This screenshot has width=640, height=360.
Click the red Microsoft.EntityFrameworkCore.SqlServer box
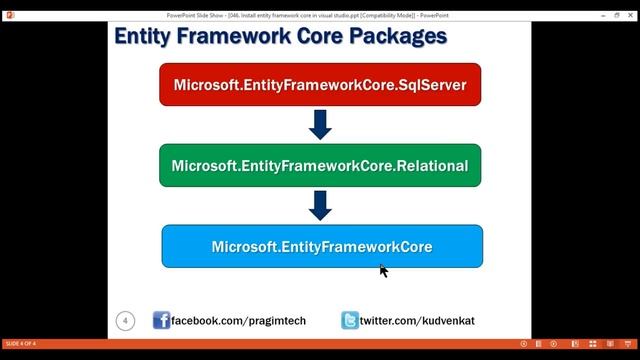click(320, 85)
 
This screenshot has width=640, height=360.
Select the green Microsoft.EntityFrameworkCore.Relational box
click(320, 165)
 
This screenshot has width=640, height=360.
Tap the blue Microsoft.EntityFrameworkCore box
click(322, 246)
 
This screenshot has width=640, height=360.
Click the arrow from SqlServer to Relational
click(320, 125)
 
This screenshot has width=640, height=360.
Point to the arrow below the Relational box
click(320, 205)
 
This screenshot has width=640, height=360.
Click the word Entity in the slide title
click(145, 37)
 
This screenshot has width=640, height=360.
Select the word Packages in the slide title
click(395, 37)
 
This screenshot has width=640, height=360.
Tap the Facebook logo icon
click(161, 320)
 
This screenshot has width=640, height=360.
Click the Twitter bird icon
click(349, 320)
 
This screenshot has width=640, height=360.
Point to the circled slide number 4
click(125, 320)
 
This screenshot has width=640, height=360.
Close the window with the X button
click(628, 6)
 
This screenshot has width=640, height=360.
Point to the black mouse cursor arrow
click(383, 270)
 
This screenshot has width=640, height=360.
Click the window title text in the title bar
click(320, 6)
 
